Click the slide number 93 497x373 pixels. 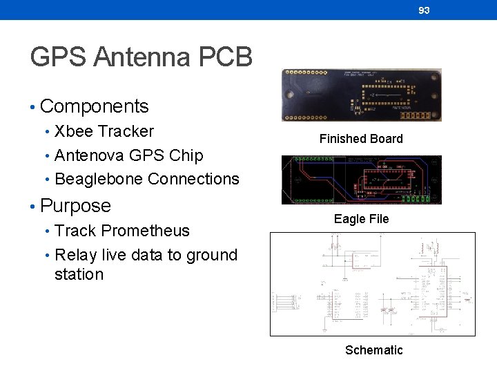(x=424, y=10)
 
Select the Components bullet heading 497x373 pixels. (x=94, y=106)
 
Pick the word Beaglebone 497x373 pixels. (x=99, y=179)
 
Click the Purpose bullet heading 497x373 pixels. (x=75, y=206)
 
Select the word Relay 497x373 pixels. (x=75, y=255)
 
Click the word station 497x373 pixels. (x=79, y=274)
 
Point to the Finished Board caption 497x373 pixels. (x=361, y=139)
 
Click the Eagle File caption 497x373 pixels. (x=361, y=219)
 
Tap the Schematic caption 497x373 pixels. (x=373, y=350)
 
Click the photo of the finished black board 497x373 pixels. (x=361, y=95)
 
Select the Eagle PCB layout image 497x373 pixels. (x=361, y=180)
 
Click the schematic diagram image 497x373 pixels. (x=373, y=284)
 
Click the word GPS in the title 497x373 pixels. (x=58, y=57)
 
